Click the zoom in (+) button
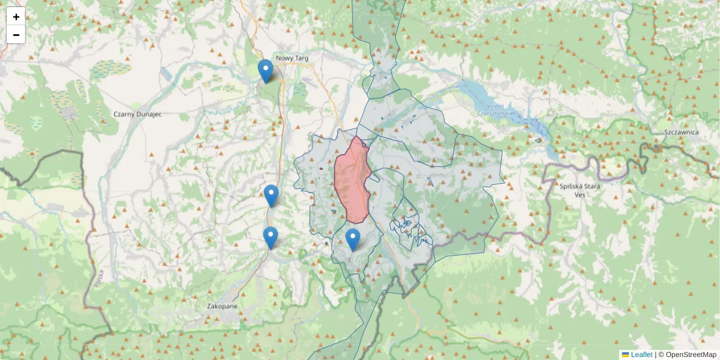(16, 17)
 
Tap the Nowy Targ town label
(292, 58)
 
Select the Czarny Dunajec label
(137, 113)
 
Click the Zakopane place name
(222, 306)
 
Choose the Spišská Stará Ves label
(580, 190)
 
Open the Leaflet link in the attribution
(641, 355)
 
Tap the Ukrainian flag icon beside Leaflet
(625, 355)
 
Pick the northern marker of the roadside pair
(271, 196)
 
